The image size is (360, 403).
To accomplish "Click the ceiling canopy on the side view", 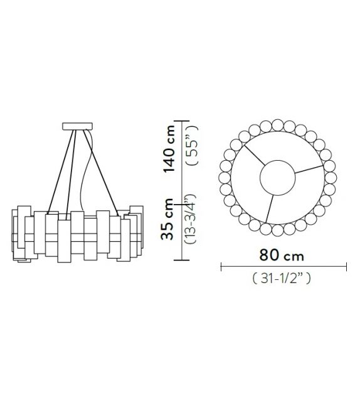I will (78, 126).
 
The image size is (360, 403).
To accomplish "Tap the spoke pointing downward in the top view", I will (269, 208).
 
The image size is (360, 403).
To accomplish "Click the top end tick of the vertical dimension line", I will (182, 120).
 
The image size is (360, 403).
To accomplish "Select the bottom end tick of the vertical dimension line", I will (182, 259).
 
